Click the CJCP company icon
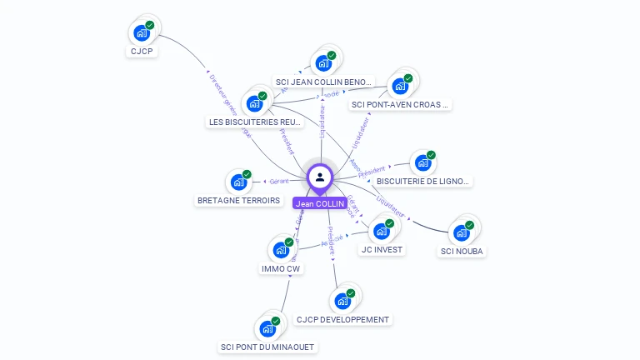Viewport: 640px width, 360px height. click(141, 33)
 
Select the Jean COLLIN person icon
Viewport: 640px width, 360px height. click(320, 177)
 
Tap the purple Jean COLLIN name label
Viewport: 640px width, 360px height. click(319, 203)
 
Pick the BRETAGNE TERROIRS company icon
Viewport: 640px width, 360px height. click(238, 182)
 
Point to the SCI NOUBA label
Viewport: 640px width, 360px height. click(462, 251)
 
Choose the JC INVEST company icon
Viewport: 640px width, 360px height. click(382, 231)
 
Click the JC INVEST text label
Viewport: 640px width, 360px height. click(382, 249)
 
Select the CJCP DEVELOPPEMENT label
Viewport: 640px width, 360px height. click(342, 319)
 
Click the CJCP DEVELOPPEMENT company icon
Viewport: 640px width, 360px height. click(342, 301)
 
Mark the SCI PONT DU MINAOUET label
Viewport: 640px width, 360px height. click(268, 347)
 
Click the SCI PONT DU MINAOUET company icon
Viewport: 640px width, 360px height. click(267, 328)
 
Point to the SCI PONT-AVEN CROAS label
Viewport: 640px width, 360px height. click(400, 105)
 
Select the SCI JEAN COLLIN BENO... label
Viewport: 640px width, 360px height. click(323, 82)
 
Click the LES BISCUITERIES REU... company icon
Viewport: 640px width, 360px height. click(254, 103)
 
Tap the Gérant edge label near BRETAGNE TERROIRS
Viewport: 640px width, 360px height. click(278, 181)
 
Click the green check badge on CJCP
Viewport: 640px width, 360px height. click(149, 26)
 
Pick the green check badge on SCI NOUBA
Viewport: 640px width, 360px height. click(469, 225)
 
